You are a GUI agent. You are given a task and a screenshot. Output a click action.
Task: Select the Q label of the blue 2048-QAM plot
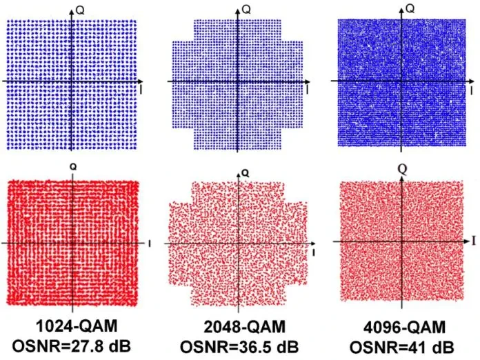(246, 9)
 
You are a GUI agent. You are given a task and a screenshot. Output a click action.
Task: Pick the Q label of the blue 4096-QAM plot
(410, 8)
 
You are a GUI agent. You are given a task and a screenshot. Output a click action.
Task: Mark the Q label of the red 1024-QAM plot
(73, 166)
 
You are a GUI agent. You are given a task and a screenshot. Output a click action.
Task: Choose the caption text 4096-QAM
(405, 327)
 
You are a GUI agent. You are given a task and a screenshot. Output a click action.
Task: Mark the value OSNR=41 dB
(405, 346)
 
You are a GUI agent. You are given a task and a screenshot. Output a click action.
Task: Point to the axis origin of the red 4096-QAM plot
(401, 241)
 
